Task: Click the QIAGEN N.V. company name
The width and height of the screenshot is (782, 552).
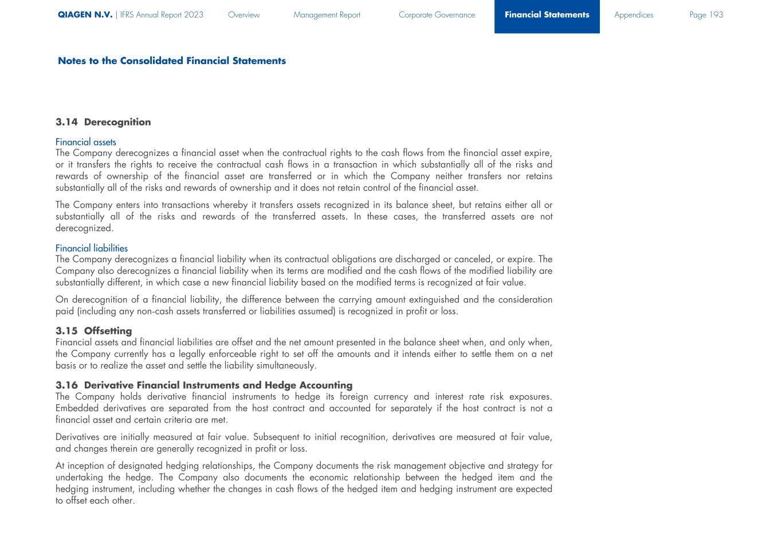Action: (x=85, y=15)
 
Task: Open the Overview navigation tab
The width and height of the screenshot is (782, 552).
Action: (x=243, y=15)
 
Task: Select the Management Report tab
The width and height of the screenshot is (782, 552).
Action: (x=327, y=15)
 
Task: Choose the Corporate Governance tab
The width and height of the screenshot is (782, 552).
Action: (x=437, y=15)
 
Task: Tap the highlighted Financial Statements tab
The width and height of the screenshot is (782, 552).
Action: (x=547, y=15)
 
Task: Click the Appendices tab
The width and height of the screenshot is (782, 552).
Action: (x=634, y=15)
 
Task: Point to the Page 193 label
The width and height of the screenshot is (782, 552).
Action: (x=706, y=15)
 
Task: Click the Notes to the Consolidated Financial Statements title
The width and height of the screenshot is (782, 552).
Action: (x=172, y=61)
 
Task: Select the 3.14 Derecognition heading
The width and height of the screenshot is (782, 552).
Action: (x=103, y=122)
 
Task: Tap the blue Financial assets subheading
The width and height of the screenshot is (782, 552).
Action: (x=86, y=142)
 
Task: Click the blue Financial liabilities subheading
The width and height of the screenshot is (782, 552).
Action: (x=92, y=248)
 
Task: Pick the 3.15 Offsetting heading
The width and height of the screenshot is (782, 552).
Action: (x=94, y=331)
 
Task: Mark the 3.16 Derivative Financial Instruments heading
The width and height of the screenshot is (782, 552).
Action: (x=204, y=385)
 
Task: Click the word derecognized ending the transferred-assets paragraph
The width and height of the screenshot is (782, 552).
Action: (x=84, y=228)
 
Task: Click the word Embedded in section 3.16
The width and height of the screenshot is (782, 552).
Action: (x=77, y=408)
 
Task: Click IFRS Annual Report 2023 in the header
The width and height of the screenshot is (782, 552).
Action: (x=162, y=15)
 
